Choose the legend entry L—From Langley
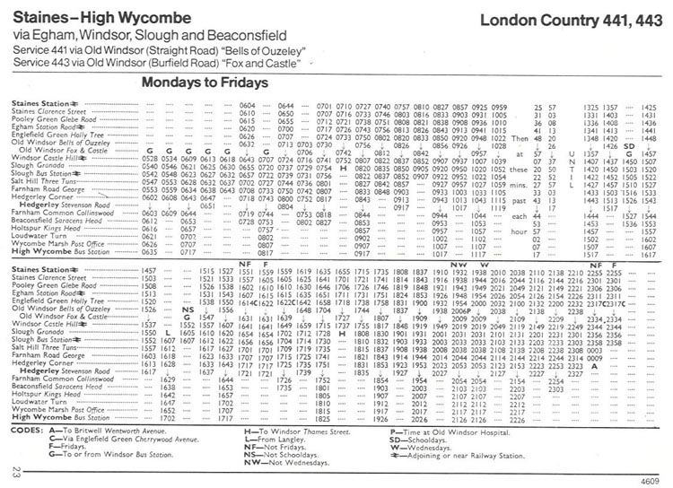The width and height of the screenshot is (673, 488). [x=276, y=438]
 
